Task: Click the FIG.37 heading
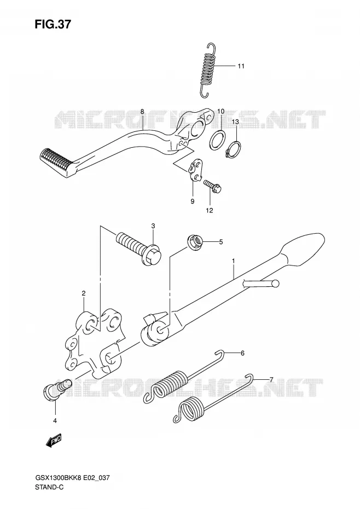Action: tap(53, 24)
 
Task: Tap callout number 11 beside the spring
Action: tap(241, 66)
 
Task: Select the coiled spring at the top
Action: tap(207, 70)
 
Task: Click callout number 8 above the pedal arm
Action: tap(142, 112)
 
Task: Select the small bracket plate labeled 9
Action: tap(196, 170)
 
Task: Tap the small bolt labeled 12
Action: tap(213, 186)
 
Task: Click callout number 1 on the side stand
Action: tap(233, 261)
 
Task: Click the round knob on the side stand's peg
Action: tap(275, 283)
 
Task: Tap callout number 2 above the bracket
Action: tap(83, 293)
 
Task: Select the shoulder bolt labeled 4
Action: tap(57, 389)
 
